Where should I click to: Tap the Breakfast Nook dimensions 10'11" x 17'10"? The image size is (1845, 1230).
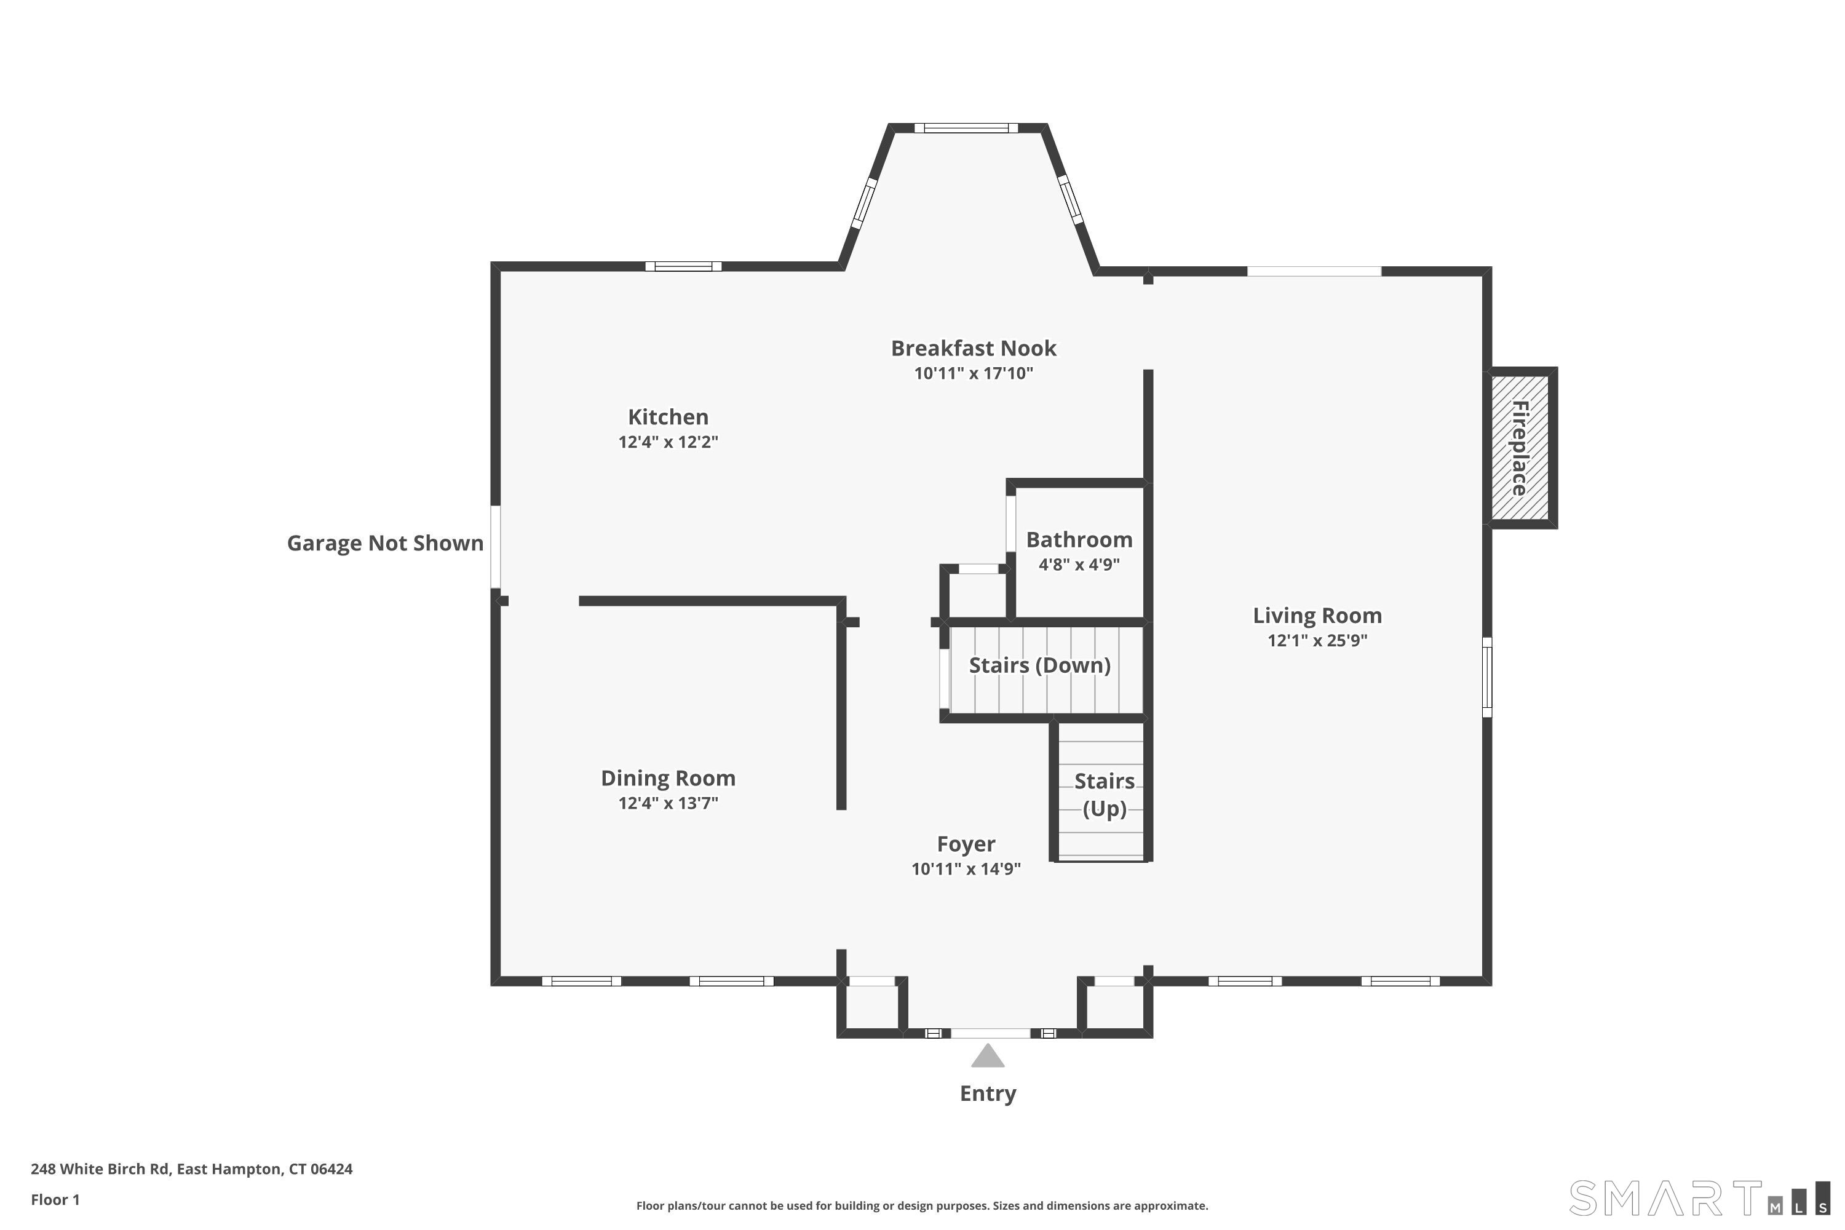point(973,373)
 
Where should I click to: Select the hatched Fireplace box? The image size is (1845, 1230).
point(1520,448)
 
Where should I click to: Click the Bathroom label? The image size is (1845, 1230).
point(1079,540)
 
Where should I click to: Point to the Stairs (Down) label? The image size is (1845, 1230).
point(1039,665)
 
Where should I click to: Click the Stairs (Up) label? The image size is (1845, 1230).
point(1104,795)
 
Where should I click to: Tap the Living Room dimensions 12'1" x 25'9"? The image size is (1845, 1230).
point(1317,640)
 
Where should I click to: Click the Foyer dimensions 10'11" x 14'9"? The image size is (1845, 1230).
point(966,869)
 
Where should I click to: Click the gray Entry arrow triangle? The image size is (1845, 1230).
point(988,1057)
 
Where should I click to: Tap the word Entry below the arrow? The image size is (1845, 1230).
point(988,1093)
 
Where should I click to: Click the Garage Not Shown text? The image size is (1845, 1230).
point(384,543)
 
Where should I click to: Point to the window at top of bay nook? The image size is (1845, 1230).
point(966,128)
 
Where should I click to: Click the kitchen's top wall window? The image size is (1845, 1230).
point(683,267)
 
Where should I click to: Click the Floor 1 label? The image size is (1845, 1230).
point(55,1199)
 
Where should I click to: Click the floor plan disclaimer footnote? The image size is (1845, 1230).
point(922,1205)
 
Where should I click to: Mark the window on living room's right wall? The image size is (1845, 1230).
point(1486,677)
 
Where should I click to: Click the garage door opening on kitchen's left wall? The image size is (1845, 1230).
point(496,547)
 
